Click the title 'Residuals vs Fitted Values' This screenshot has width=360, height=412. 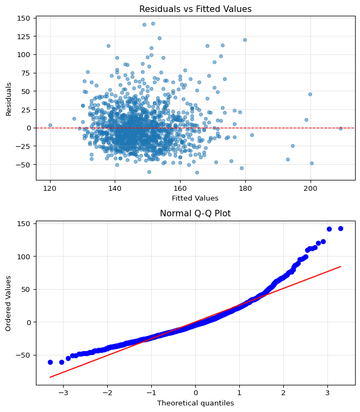point(195,9)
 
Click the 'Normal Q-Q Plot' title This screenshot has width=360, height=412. point(195,214)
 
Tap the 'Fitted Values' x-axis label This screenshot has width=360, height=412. point(195,198)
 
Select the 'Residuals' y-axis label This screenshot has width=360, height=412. point(9,98)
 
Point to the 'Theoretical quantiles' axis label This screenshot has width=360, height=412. point(195,403)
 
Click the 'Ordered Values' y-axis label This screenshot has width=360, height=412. point(9,303)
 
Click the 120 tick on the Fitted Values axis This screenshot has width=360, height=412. point(50,188)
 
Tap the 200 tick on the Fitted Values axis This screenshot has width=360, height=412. point(311,188)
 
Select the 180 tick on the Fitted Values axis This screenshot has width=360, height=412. point(245,188)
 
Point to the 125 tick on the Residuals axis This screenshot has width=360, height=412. point(23,36)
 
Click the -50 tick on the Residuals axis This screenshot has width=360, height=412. point(23,164)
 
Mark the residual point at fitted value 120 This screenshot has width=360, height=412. point(50,125)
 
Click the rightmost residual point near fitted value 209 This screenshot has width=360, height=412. point(340,128)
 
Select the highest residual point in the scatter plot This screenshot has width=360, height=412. point(153,24)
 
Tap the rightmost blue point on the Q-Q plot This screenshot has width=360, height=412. point(340,228)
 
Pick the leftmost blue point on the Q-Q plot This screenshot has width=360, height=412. point(50,362)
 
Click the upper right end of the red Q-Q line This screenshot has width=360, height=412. point(340,266)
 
